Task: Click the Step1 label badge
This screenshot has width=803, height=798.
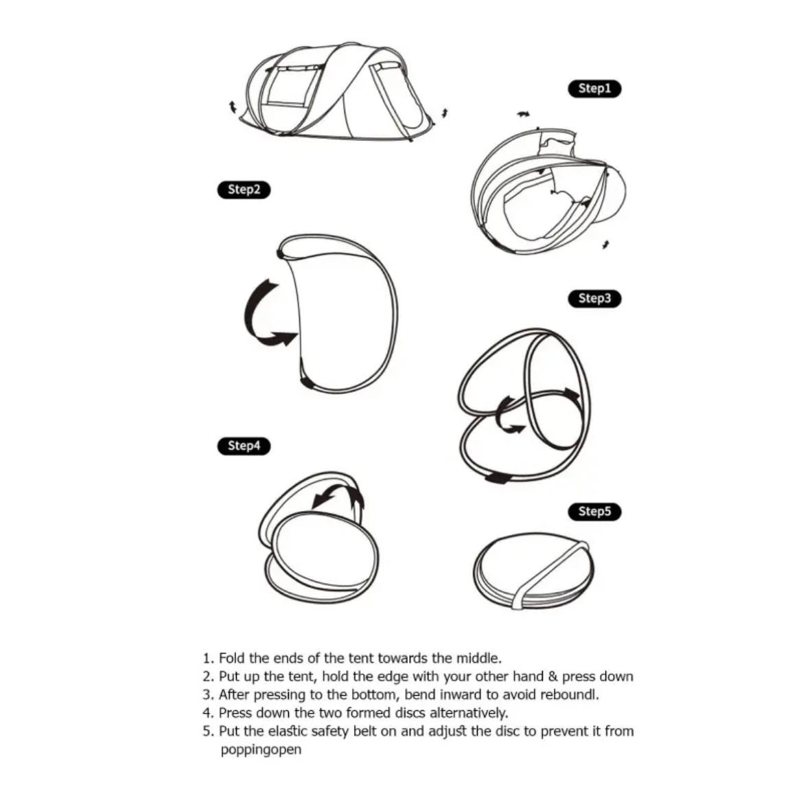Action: pos(594,89)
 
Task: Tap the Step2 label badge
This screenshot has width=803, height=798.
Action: pos(244,190)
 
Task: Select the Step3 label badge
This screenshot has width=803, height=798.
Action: pos(594,298)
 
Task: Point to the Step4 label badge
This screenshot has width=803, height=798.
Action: pos(244,446)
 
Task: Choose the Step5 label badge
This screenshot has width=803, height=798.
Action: pos(594,512)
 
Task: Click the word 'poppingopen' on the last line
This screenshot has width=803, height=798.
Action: pos(261,751)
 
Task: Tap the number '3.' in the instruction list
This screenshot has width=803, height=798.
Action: pos(208,695)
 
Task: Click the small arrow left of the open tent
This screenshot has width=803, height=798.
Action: pos(233,107)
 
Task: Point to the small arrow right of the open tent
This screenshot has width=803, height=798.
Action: pos(445,113)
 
